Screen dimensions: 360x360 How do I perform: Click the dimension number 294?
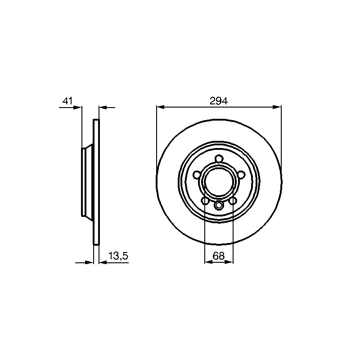219,101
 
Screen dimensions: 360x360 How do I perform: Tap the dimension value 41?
67,101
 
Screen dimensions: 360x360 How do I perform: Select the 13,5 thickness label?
118,256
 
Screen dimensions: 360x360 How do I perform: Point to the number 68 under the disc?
219,256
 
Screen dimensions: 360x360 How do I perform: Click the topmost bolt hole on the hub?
219,159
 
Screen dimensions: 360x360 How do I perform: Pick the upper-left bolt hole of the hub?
197,175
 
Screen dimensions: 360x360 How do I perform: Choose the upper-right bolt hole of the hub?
241,175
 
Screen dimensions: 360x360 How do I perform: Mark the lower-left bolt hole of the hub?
205,201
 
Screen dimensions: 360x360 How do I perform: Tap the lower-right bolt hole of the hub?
233,201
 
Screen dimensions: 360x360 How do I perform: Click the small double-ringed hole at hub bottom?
219,205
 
